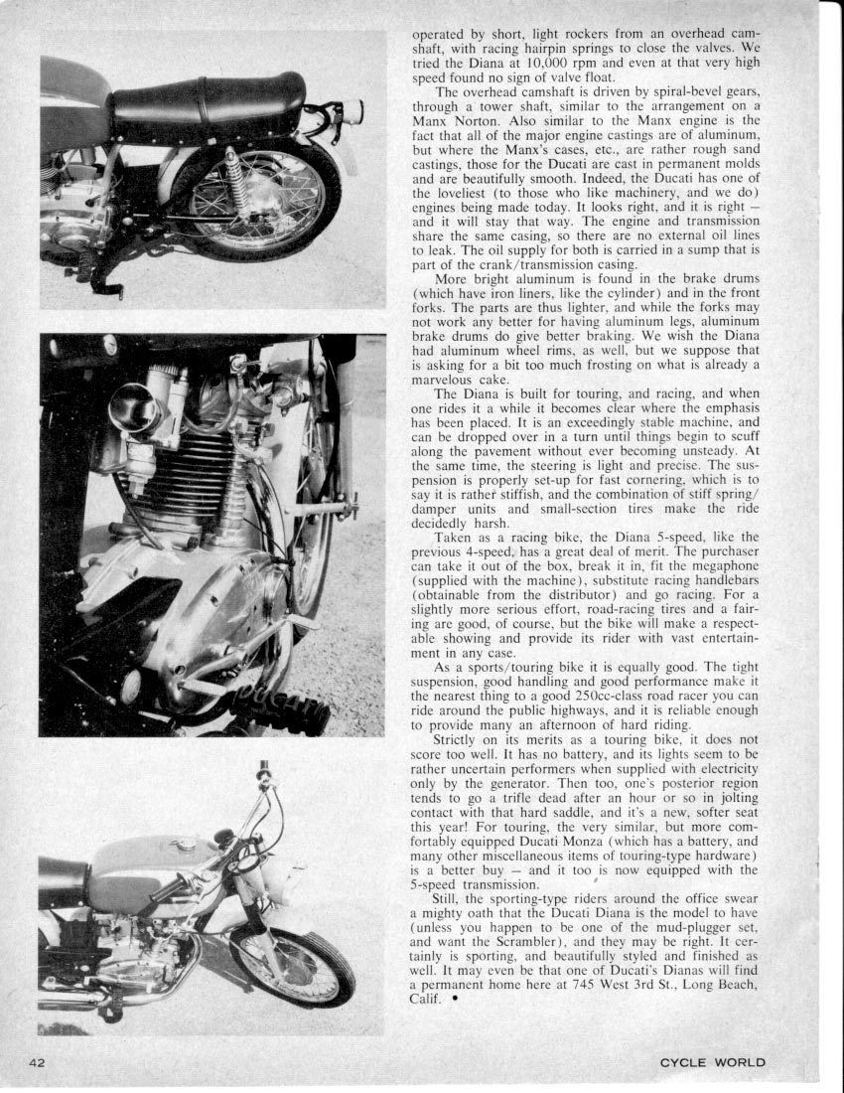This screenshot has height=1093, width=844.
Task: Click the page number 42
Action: point(38,1062)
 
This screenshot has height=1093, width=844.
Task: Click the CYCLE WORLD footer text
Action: point(712,1062)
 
